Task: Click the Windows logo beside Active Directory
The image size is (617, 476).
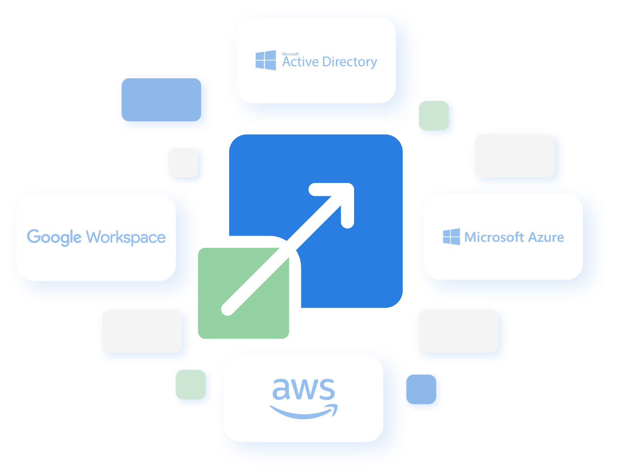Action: tap(266, 60)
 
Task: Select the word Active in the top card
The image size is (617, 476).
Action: tap(300, 62)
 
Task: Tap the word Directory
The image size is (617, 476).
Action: tap(350, 62)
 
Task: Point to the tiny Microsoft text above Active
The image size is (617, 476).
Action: tap(290, 54)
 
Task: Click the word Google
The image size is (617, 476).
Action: tap(54, 237)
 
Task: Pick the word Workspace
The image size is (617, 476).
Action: tap(126, 237)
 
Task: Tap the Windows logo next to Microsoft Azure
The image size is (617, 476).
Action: tap(451, 237)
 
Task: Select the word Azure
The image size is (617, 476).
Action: tap(546, 237)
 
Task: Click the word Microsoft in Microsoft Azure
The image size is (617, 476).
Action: tap(494, 237)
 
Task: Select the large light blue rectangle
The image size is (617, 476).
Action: tap(161, 100)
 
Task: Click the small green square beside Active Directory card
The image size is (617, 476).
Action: tap(433, 115)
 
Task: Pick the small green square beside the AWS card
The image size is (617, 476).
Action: tap(190, 384)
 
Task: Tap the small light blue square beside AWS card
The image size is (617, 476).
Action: tap(421, 389)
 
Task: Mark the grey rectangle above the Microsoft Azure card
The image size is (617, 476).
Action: tap(514, 156)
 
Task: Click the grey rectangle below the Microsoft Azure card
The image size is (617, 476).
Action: tap(458, 331)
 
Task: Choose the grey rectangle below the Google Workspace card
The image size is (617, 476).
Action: tap(142, 331)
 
